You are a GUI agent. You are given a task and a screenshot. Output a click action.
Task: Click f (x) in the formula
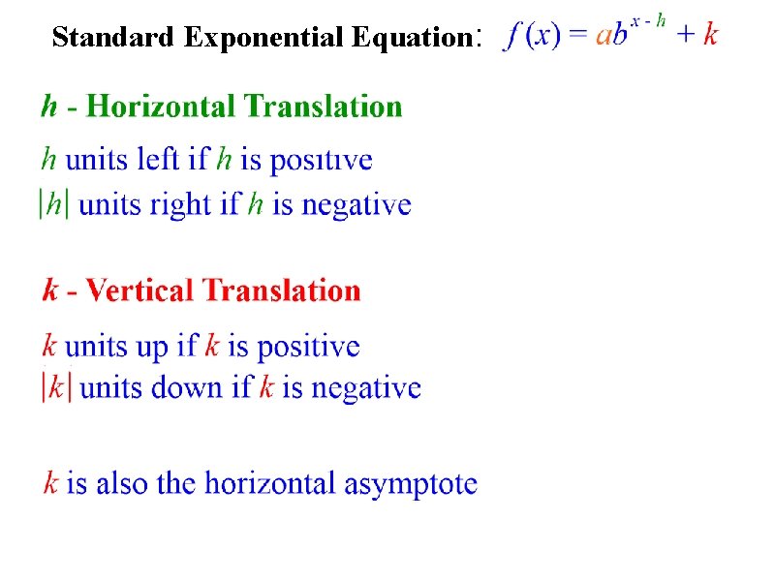pos(532,35)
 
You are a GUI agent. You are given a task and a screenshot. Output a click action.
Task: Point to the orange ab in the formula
pos(610,36)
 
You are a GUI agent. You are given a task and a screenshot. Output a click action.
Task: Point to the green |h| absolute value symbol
pos(53,205)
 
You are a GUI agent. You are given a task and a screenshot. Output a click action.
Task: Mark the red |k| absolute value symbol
pos(56,388)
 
